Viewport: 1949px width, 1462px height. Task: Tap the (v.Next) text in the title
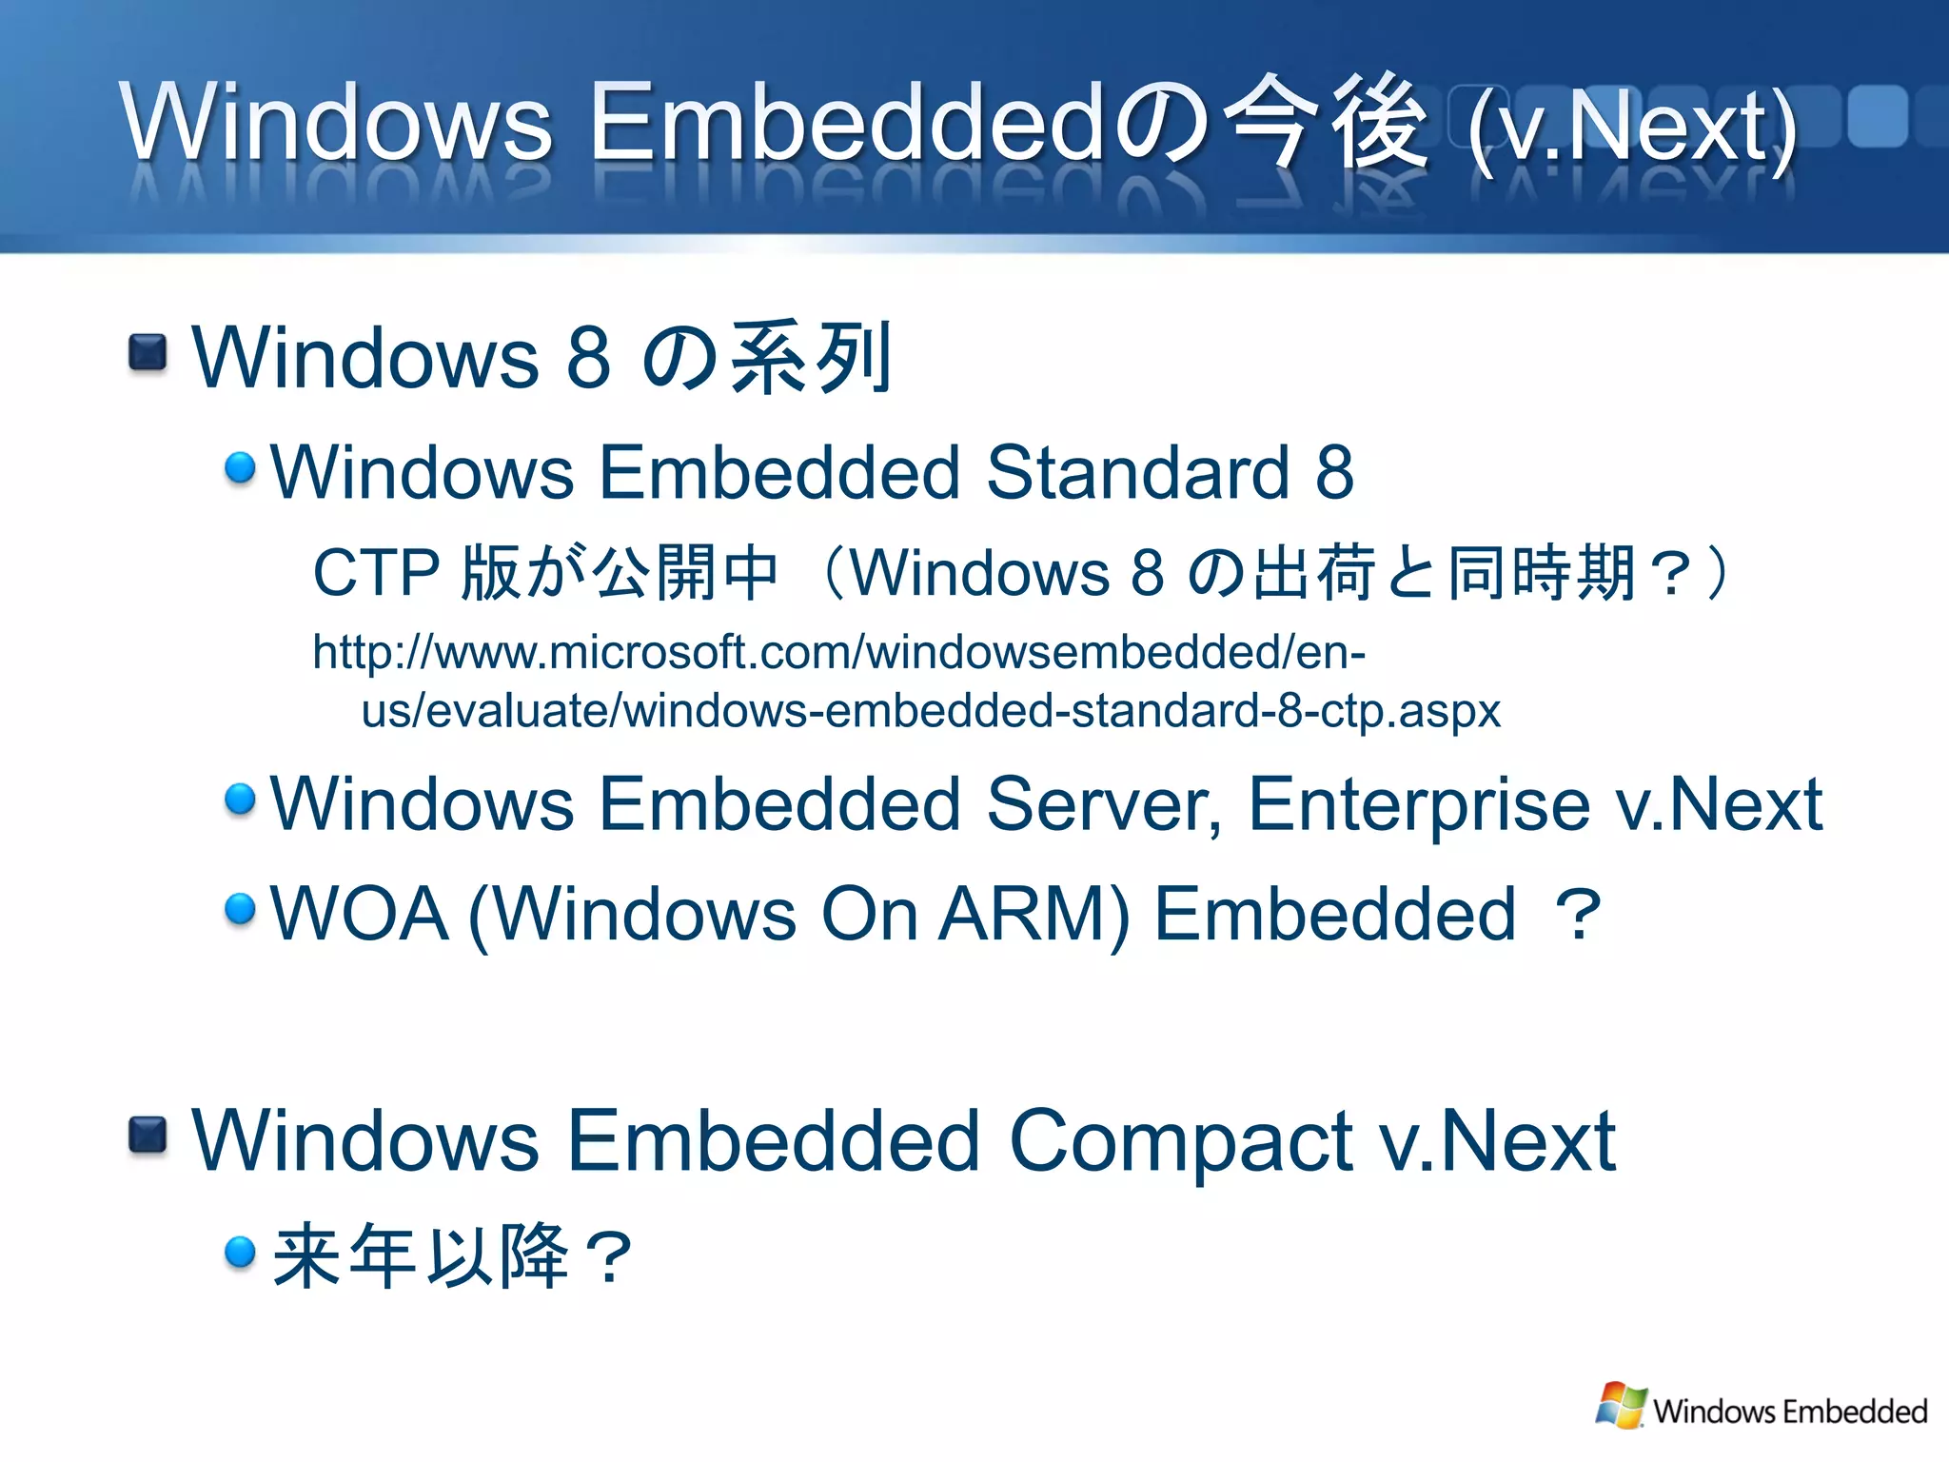pyautogui.click(x=1632, y=128)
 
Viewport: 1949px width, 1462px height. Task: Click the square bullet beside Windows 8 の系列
pyautogui.click(x=148, y=353)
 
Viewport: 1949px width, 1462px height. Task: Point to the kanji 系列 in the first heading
pyautogui.click(x=809, y=358)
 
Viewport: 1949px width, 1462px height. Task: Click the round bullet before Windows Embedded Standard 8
pyautogui.click(x=240, y=468)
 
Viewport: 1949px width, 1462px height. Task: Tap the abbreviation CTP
pyautogui.click(x=376, y=573)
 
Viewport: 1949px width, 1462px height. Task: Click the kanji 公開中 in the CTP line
pyautogui.click(x=685, y=573)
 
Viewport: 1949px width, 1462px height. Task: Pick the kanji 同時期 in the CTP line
pyautogui.click(x=1542, y=573)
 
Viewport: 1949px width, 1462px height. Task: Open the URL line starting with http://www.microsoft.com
pyautogui.click(x=838, y=653)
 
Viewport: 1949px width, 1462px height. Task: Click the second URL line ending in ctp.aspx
pyautogui.click(x=931, y=711)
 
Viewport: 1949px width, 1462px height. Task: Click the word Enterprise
pyautogui.click(x=1418, y=805)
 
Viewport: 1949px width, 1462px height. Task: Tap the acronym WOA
pyautogui.click(x=360, y=914)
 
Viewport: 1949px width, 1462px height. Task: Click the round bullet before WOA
pyautogui.click(x=240, y=909)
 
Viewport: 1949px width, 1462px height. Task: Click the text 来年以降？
pyautogui.click(x=452, y=1256)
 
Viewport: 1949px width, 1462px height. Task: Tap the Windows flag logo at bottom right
pyautogui.click(x=1621, y=1405)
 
